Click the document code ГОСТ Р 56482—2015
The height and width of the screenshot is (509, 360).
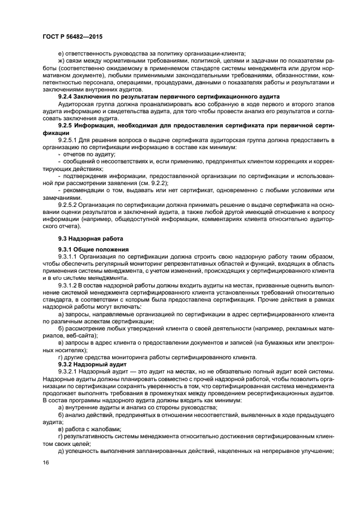click(x=72, y=36)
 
